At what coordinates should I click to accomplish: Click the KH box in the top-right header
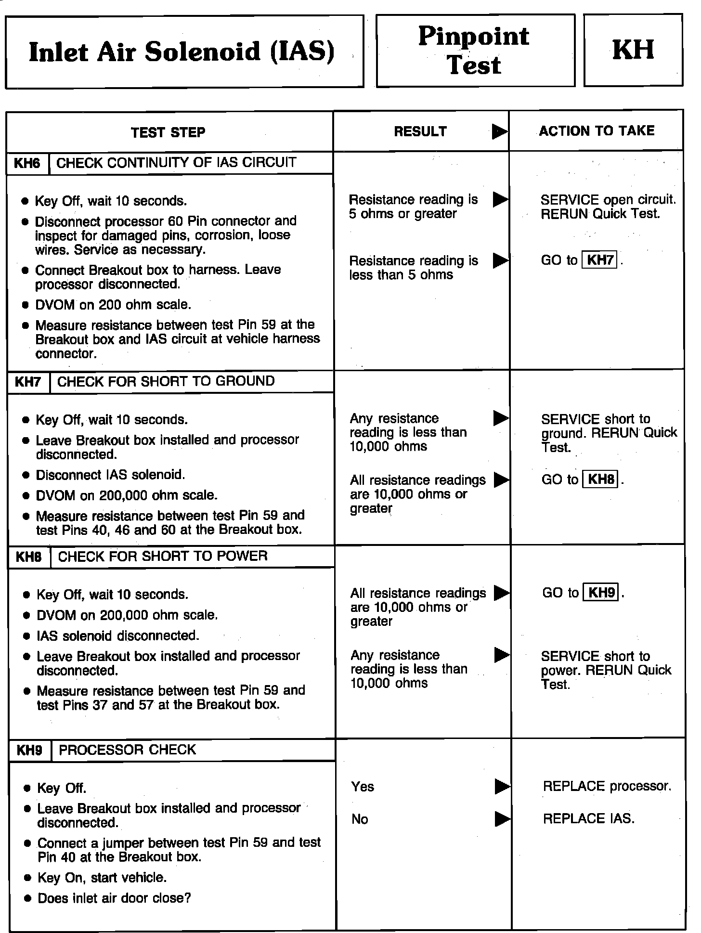click(x=633, y=50)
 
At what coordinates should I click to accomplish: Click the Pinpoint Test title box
click(x=475, y=50)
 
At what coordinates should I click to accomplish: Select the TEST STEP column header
click(x=168, y=132)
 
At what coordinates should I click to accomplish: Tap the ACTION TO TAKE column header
click(x=597, y=131)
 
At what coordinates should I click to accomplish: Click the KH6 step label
click(x=27, y=163)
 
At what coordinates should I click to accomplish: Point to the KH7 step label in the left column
click(x=28, y=382)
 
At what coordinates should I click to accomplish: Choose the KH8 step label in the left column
click(x=29, y=557)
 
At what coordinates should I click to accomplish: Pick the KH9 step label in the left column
click(x=29, y=751)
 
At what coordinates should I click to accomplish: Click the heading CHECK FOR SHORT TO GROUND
click(x=166, y=381)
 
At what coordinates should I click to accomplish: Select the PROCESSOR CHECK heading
click(x=127, y=750)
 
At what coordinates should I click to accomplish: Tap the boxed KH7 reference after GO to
click(x=600, y=260)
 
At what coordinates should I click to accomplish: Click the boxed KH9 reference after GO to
click(x=601, y=593)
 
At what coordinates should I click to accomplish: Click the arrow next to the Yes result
click(x=502, y=787)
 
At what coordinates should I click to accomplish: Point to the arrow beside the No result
click(x=502, y=819)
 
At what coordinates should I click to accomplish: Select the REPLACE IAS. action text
click(x=588, y=819)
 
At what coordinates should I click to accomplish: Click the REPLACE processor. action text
click(x=607, y=787)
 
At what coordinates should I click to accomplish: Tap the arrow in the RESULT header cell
click(x=500, y=131)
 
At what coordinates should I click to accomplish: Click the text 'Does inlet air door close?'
click(x=114, y=898)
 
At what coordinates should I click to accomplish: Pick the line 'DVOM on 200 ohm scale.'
click(x=113, y=305)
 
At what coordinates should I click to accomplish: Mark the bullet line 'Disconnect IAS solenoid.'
click(x=110, y=475)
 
